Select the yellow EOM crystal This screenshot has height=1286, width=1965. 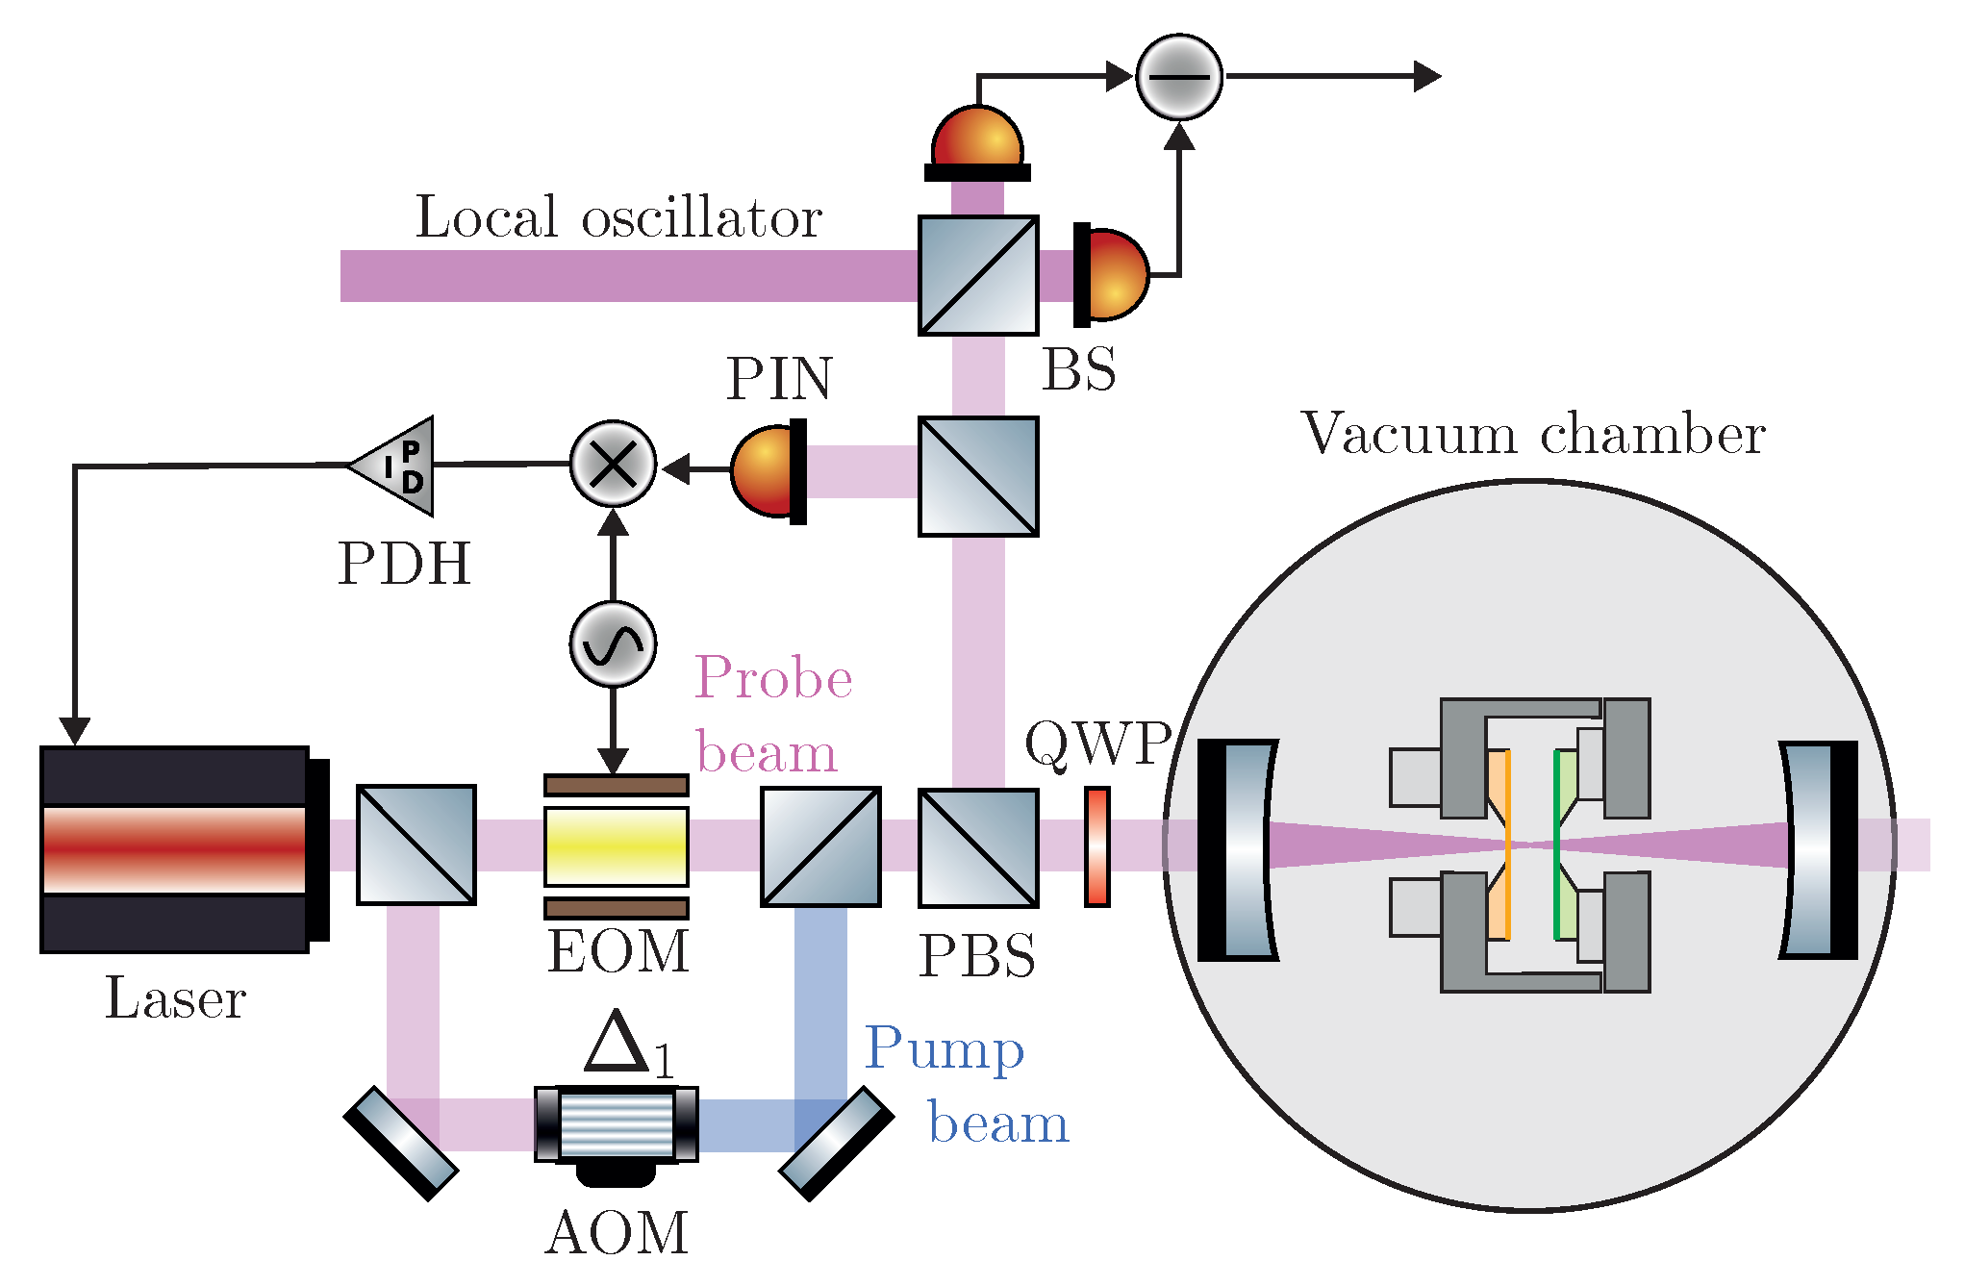point(617,846)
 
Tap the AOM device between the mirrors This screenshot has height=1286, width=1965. point(617,1124)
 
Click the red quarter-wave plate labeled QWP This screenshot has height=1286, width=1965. point(1097,846)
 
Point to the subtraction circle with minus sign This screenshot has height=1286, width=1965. point(1178,77)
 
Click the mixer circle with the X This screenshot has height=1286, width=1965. point(613,465)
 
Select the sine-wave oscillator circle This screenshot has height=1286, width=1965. point(613,644)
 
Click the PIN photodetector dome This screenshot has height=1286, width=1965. point(765,471)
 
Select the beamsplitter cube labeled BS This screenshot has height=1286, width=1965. point(978,275)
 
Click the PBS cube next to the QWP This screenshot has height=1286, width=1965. point(978,847)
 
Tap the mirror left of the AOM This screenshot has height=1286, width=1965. point(401,1144)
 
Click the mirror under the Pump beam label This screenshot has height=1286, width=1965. point(836,1144)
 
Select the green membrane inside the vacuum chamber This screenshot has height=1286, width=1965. point(1557,845)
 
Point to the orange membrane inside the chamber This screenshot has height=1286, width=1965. point(1506,845)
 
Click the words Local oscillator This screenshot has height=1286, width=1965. point(618,217)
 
